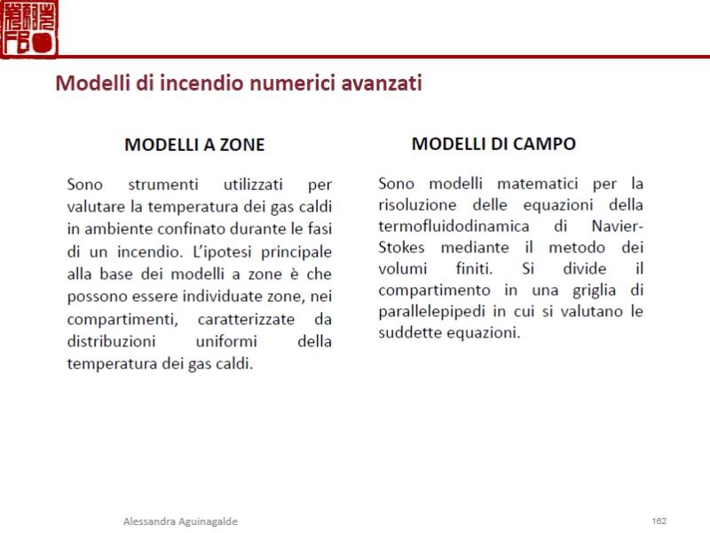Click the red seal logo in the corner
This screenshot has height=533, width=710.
click(x=30, y=28)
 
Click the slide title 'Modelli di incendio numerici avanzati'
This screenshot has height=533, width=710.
click(x=238, y=84)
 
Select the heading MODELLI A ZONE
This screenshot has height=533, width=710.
click(x=194, y=144)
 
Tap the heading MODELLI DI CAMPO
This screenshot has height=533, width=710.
click(x=494, y=143)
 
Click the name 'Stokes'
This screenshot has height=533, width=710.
click(x=401, y=247)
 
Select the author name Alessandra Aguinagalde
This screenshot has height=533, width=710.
click(x=180, y=521)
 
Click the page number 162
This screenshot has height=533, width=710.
click(x=659, y=521)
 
